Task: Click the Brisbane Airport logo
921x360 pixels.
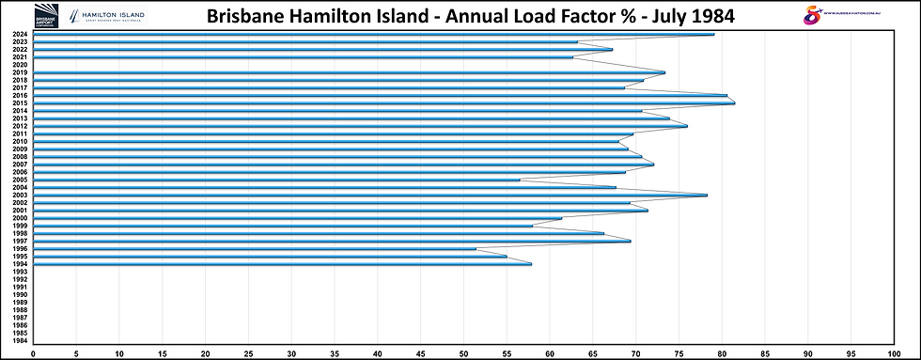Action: (46, 15)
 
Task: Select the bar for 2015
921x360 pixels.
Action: (376, 102)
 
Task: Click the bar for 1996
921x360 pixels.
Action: (254, 248)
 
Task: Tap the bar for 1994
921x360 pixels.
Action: (282, 263)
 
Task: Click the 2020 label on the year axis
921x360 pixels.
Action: (20, 65)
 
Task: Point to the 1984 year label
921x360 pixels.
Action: (20, 340)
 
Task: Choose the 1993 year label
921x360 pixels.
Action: (20, 272)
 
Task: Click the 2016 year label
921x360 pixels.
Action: (20, 95)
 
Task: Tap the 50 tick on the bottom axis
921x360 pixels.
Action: (463, 353)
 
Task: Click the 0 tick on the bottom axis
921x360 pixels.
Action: (34, 353)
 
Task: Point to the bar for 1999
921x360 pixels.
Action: (282, 226)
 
